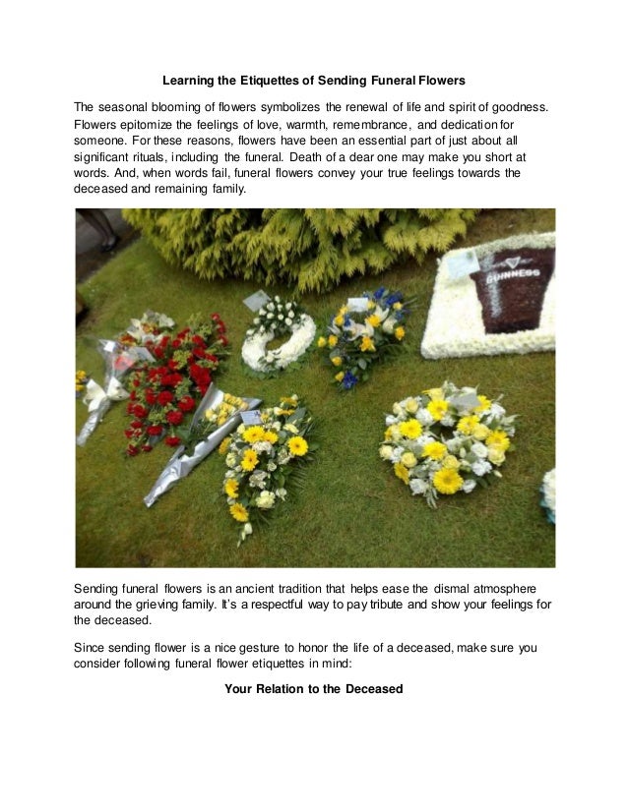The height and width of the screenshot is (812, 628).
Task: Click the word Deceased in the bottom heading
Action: click(370, 689)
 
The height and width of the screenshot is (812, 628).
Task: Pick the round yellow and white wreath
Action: click(444, 436)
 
